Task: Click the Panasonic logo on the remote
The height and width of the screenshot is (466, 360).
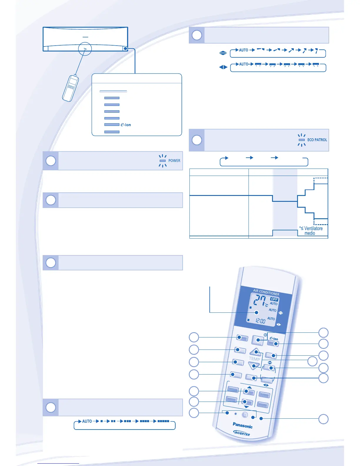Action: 242,425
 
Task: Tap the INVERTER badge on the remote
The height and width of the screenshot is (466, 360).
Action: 242,433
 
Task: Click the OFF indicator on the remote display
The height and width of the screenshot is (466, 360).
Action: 274,299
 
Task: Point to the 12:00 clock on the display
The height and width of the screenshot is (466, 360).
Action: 260,321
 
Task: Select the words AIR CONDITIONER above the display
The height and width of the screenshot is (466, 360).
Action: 266,292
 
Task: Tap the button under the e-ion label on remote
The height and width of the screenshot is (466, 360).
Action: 273,344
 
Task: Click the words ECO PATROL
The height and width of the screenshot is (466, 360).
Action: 317,140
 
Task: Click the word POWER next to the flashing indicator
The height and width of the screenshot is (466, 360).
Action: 174,161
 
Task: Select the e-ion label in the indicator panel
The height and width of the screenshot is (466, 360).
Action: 126,125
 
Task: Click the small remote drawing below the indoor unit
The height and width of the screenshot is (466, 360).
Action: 71,88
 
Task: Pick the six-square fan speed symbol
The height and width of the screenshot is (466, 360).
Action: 163,421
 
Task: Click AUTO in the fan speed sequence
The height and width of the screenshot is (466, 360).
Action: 87,421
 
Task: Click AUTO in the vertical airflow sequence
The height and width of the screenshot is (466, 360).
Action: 244,50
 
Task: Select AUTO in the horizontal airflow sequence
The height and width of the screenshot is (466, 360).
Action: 244,64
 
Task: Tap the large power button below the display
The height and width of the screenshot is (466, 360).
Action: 258,340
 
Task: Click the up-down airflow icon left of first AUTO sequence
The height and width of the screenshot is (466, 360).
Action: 223,53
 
